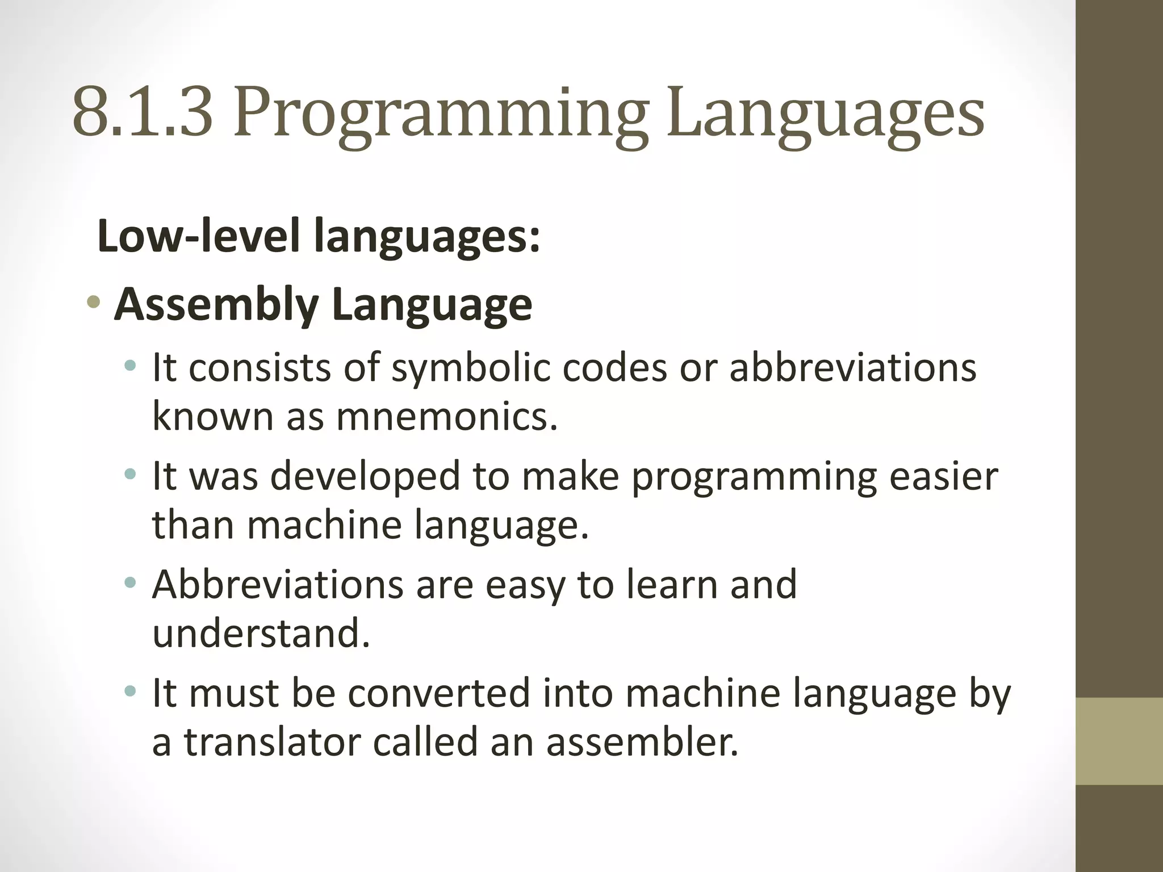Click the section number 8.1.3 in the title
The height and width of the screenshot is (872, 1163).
click(143, 114)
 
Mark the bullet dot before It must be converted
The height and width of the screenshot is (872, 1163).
click(131, 691)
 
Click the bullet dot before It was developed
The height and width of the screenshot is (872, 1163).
click(131, 474)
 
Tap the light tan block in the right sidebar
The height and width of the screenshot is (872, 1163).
click(1119, 741)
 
